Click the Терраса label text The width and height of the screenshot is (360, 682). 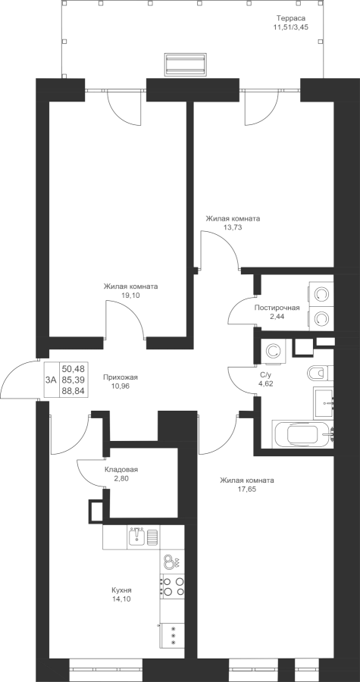[291, 18]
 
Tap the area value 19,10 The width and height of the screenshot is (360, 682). [130, 295]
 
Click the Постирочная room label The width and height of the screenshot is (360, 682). [277, 308]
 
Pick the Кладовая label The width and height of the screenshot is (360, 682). [121, 470]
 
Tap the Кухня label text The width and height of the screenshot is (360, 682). [121, 590]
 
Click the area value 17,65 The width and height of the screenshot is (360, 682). [246, 489]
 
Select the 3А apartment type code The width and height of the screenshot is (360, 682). [51, 380]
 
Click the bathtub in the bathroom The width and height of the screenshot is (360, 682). [302, 433]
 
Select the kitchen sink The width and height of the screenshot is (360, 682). [136, 537]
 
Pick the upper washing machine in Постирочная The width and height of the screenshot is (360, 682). [321, 295]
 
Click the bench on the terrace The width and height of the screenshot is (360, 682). [185, 64]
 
